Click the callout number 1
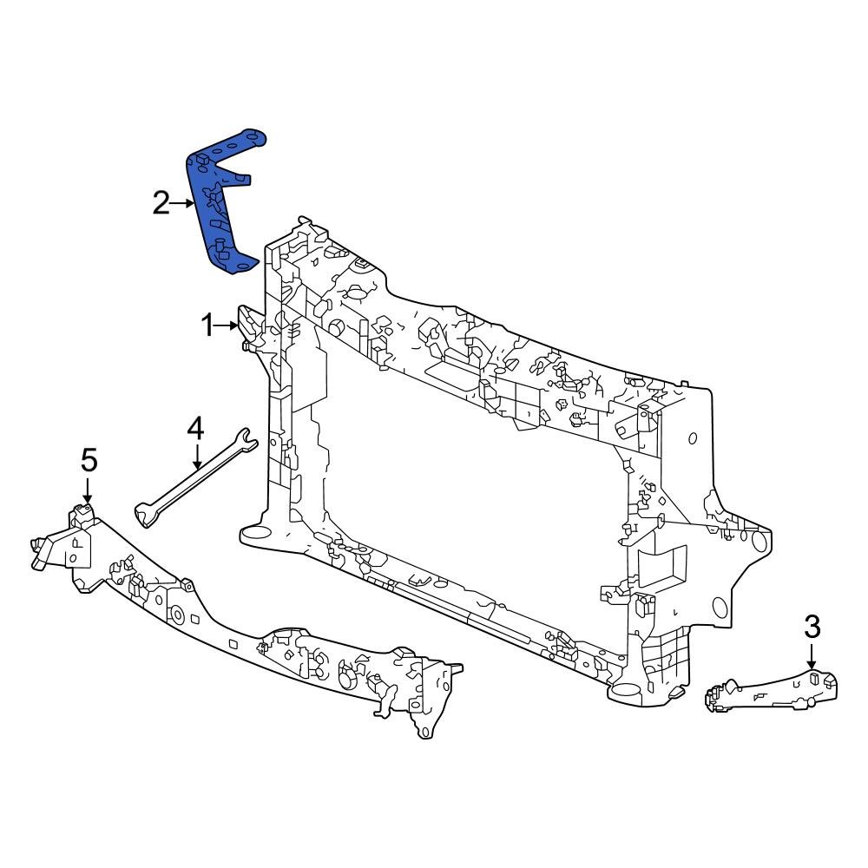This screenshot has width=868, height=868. click(x=207, y=326)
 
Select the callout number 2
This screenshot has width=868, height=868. click(x=161, y=204)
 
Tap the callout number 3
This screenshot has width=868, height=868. click(x=812, y=626)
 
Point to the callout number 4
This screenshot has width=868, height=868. click(x=196, y=429)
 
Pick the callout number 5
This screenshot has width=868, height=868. click(x=89, y=460)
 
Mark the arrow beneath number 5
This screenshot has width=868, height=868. click(x=87, y=490)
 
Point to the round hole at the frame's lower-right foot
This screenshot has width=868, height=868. click(x=627, y=693)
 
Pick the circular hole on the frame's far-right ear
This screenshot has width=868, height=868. click(x=759, y=541)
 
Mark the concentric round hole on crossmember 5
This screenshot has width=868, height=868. click(x=176, y=615)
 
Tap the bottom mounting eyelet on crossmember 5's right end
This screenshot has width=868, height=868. click(x=424, y=731)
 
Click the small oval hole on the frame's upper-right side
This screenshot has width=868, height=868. click(x=692, y=437)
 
